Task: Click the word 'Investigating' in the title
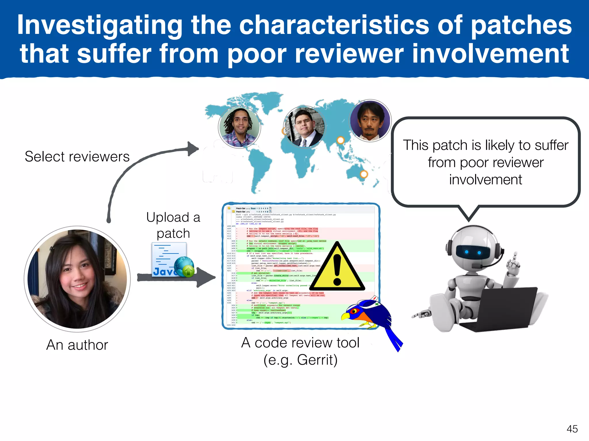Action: click(x=100, y=26)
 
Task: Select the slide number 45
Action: click(x=572, y=429)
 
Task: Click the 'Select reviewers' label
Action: click(x=77, y=157)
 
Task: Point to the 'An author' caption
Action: click(x=77, y=345)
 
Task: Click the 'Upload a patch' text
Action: click(x=173, y=225)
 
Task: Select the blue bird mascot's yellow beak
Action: click(x=345, y=316)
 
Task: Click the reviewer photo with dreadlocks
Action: click(x=239, y=127)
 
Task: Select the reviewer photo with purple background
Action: click(x=370, y=121)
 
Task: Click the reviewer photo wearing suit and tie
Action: click(x=304, y=127)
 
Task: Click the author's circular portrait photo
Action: click(x=77, y=279)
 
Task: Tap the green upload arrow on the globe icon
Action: click(x=188, y=271)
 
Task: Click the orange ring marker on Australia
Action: click(x=364, y=174)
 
